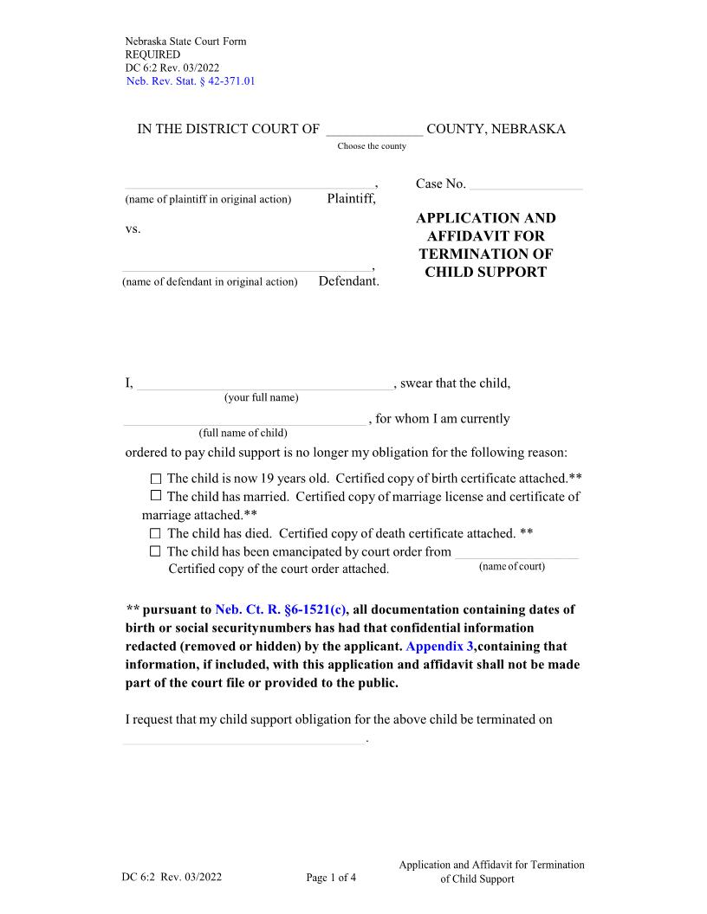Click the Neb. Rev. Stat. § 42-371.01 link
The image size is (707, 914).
tap(191, 81)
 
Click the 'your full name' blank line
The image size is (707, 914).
tap(264, 385)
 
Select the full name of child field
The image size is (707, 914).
tap(245, 420)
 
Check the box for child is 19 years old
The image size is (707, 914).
tap(156, 479)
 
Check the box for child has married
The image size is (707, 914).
tap(156, 497)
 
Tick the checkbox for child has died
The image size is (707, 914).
tap(156, 534)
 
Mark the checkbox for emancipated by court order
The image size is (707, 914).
tap(156, 552)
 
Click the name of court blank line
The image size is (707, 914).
tap(516, 553)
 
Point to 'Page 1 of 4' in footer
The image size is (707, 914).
tap(331, 878)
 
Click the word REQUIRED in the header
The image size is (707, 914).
tap(152, 55)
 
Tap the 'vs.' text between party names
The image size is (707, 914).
tap(133, 229)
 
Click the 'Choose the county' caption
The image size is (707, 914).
tap(372, 146)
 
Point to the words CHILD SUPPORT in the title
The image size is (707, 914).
tap(485, 272)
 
